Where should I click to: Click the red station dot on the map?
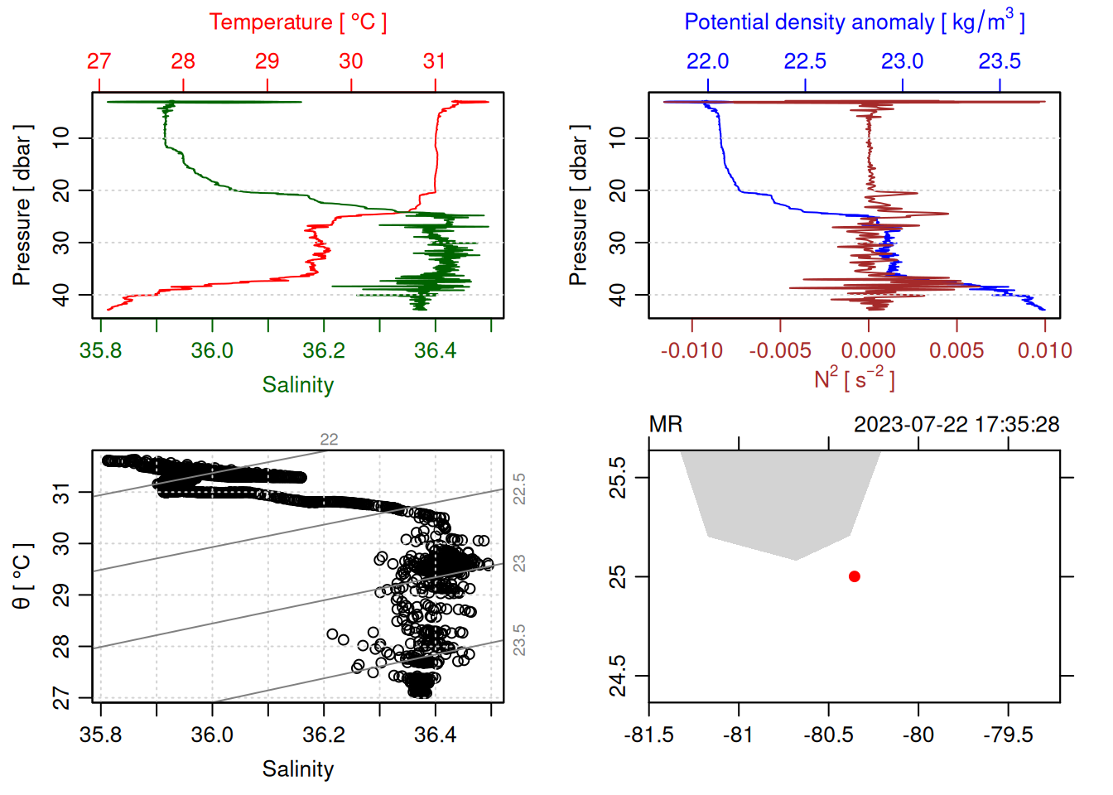(854, 576)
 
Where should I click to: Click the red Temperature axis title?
(297, 22)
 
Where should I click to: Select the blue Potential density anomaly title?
(854, 22)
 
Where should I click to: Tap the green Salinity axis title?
(297, 385)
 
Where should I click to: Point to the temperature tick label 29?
(267, 61)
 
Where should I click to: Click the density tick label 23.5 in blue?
(999, 61)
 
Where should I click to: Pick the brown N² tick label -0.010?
(691, 351)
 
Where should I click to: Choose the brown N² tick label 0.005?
(956, 351)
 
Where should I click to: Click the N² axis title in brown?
(854, 378)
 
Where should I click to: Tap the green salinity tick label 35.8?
(100, 351)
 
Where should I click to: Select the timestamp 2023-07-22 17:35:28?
(956, 425)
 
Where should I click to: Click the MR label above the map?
(666, 425)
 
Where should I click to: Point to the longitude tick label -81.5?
(648, 735)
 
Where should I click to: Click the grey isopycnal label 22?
(329, 440)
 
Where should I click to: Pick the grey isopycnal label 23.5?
(519, 640)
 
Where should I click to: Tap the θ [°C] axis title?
(22, 576)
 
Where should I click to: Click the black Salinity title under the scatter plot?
(297, 769)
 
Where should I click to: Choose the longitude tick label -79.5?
(1007, 735)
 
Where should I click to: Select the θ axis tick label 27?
(62, 698)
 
